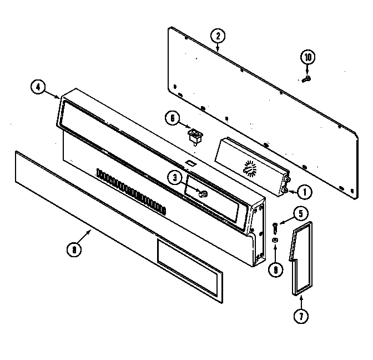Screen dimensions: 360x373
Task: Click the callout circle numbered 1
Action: click(x=304, y=192)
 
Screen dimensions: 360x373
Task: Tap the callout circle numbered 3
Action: click(x=175, y=178)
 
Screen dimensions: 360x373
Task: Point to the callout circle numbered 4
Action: click(x=38, y=87)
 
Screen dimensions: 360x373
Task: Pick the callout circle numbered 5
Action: click(x=299, y=212)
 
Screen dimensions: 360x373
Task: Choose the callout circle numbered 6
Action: click(x=172, y=118)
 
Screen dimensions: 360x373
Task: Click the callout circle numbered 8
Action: click(x=74, y=250)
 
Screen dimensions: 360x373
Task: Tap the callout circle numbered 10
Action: click(x=308, y=57)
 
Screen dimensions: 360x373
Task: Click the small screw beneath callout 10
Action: click(x=306, y=79)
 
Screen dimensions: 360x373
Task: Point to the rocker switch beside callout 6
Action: click(x=195, y=135)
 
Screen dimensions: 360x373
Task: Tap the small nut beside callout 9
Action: click(x=274, y=239)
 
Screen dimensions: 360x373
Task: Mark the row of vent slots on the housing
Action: click(x=131, y=191)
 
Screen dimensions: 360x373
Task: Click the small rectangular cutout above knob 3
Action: click(x=190, y=163)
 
